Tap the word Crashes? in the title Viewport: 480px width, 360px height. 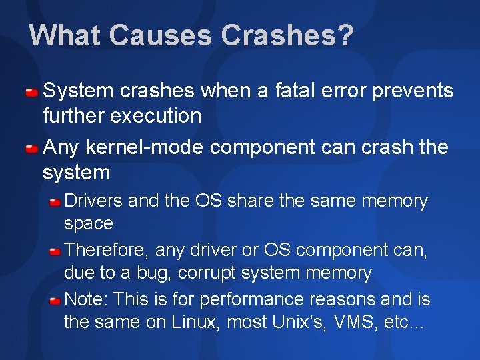pos(287,35)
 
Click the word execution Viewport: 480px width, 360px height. pos(157,116)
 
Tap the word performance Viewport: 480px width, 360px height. pos(247,299)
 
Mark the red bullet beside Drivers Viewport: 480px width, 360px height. pos(55,201)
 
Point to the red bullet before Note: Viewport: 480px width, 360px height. pos(55,300)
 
